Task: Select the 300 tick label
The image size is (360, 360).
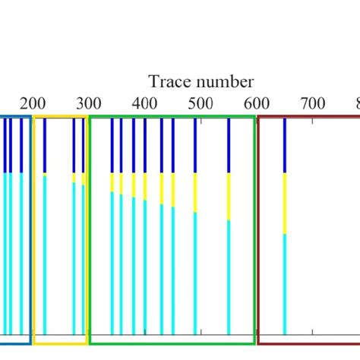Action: coord(90,104)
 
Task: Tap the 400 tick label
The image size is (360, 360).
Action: coord(145,104)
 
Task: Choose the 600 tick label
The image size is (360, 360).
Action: coord(257,104)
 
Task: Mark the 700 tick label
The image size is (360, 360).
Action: coord(313,104)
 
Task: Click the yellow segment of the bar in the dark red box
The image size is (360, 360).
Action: coord(285,204)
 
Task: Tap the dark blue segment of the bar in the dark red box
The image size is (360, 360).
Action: coord(285,146)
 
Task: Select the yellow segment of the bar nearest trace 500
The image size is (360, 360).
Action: coord(195,193)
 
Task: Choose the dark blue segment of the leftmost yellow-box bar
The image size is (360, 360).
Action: coord(45,146)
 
